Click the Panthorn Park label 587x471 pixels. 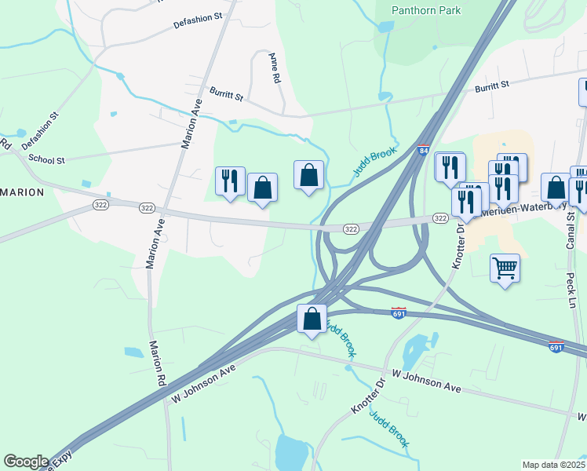(428, 10)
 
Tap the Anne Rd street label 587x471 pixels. (274, 68)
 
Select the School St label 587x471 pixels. (46, 159)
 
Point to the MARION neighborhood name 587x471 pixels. (22, 192)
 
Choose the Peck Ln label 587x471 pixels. (571, 290)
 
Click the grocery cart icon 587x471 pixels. (505, 268)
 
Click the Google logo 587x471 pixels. (26, 462)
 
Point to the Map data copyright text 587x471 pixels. (553, 465)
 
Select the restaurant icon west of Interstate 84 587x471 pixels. (230, 181)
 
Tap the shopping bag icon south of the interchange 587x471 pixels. (312, 319)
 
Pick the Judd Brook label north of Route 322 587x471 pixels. (375, 162)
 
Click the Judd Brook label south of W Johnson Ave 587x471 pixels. (389, 429)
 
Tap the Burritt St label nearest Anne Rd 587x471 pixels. (227, 94)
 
